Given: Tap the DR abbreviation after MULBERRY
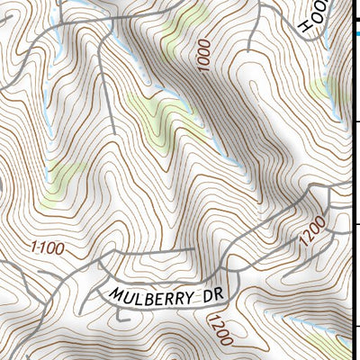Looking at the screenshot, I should click(213, 292).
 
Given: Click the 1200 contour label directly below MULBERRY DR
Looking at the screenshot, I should click(220, 329).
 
